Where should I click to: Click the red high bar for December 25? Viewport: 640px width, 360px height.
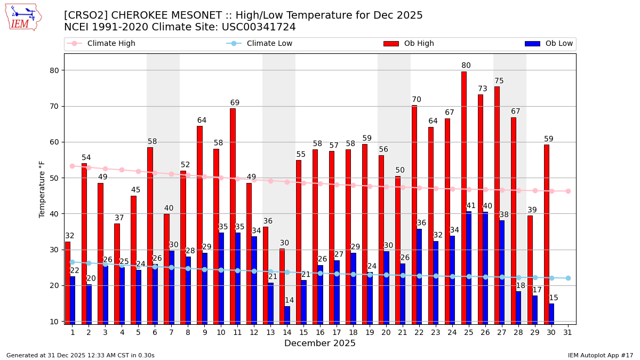click(464, 197)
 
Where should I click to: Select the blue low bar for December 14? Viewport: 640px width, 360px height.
click(287, 315)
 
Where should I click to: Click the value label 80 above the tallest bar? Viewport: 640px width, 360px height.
click(466, 66)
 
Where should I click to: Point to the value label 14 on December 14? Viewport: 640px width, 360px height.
click(289, 301)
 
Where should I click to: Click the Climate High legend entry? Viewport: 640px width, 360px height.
click(111, 44)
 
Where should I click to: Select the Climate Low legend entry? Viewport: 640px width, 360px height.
click(269, 44)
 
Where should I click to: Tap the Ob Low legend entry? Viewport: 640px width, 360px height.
click(559, 44)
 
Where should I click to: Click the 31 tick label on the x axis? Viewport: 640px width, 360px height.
click(568, 332)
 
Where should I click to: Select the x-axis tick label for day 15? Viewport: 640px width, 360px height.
click(303, 332)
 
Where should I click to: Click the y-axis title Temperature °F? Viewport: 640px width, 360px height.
click(42, 189)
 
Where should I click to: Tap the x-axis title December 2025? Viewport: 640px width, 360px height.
click(320, 343)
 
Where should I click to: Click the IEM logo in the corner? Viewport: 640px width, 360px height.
click(23, 17)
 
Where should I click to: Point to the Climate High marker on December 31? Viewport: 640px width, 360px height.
click(568, 191)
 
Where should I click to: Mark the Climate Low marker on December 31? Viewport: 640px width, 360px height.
click(568, 278)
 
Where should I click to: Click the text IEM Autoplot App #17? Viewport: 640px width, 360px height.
click(601, 355)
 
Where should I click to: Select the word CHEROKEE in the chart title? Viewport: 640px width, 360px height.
click(138, 15)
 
